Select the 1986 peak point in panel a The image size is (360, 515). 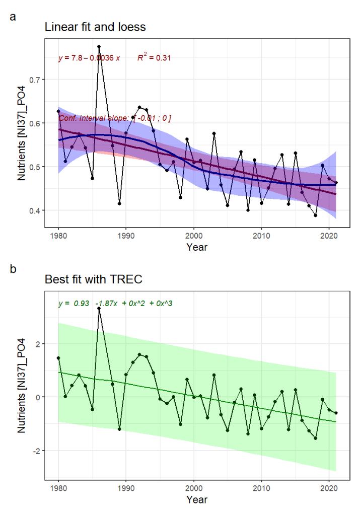pyautogui.click(x=99, y=46)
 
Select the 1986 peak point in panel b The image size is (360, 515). pyautogui.click(x=99, y=308)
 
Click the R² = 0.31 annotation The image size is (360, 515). pyautogui.click(x=155, y=58)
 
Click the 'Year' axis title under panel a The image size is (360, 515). pyautogui.click(x=194, y=247)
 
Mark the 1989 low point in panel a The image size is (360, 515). pyautogui.click(x=119, y=203)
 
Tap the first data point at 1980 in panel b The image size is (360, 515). pyautogui.click(x=58, y=358)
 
